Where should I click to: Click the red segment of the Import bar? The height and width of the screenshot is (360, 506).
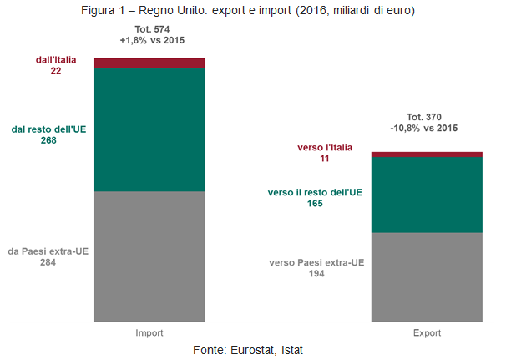coord(149,63)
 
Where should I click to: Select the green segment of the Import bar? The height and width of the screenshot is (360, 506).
coord(149,129)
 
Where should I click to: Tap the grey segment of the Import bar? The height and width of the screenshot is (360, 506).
coord(149,256)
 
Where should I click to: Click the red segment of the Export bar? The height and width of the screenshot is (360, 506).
coord(427,154)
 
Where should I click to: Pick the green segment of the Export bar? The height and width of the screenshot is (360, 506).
coord(427,194)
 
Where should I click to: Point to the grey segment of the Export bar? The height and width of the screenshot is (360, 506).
coord(427,276)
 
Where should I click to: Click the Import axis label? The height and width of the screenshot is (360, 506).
coord(149,332)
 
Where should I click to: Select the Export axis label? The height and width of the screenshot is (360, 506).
coord(427,332)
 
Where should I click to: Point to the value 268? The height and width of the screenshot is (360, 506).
coord(48,140)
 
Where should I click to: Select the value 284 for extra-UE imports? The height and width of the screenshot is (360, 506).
coord(48,262)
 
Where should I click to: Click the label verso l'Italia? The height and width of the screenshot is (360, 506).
coord(325,147)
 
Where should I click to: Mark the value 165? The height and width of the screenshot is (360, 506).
coord(314,203)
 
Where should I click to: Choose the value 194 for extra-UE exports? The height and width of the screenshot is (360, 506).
coord(316,273)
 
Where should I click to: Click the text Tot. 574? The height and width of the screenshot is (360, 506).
coord(148,29)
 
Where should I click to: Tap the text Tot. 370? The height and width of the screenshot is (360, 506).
coord(426,118)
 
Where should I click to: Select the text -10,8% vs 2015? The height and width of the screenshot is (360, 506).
coord(426,129)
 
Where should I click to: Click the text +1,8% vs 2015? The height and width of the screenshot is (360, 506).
coord(148,40)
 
